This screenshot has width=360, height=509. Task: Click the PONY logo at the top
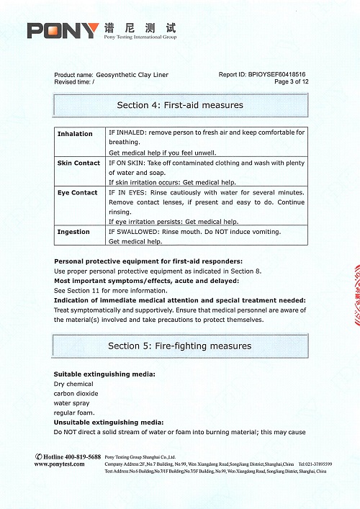click(x=63, y=30)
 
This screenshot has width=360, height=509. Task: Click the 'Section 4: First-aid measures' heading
click(x=180, y=105)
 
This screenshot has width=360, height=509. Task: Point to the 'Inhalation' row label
click(x=75, y=134)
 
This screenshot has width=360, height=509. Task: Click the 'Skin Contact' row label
click(x=78, y=163)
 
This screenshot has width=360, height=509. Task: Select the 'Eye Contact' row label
click(x=77, y=193)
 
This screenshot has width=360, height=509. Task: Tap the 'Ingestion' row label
click(x=73, y=232)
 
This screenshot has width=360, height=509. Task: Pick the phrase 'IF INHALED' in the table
click(x=126, y=133)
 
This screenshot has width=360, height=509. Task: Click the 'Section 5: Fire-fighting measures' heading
click(x=180, y=346)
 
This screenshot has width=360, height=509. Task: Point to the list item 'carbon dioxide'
click(x=76, y=394)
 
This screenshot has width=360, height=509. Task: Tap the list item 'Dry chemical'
click(x=73, y=384)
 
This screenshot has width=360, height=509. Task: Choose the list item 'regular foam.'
click(x=75, y=413)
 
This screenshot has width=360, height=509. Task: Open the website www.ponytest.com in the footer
click(x=61, y=464)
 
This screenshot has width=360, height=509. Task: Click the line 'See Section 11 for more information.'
click(x=111, y=290)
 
